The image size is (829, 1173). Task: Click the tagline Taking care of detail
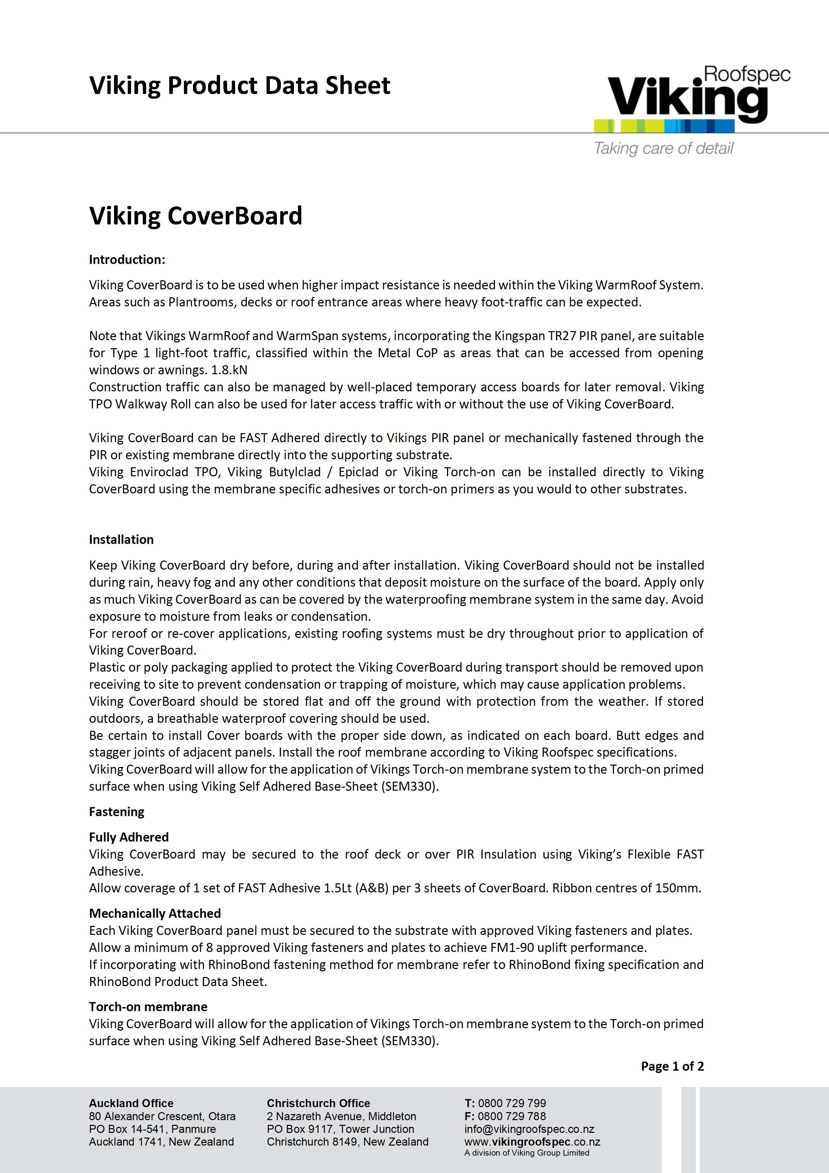[663, 148]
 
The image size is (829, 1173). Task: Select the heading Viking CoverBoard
[196, 216]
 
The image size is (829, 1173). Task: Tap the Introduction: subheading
[127, 260]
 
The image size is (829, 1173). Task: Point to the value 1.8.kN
[229, 370]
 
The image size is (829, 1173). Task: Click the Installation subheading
[121, 540]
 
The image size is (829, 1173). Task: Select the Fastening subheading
[116, 812]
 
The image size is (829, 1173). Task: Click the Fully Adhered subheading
[129, 837]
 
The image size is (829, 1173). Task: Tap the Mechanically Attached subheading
[155, 913]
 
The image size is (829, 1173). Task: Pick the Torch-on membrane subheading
[148, 1006]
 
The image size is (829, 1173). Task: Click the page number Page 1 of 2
[672, 1066]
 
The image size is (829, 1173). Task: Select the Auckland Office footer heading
[131, 1103]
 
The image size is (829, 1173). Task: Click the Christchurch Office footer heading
[318, 1103]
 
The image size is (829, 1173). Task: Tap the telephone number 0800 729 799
[512, 1103]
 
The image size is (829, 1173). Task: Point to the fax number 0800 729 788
[512, 1116]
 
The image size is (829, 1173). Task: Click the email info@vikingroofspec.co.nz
[529, 1129]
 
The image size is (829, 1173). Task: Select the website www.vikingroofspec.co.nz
[532, 1142]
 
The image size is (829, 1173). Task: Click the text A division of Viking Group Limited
[527, 1153]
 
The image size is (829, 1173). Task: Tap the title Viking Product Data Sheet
[239, 85]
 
